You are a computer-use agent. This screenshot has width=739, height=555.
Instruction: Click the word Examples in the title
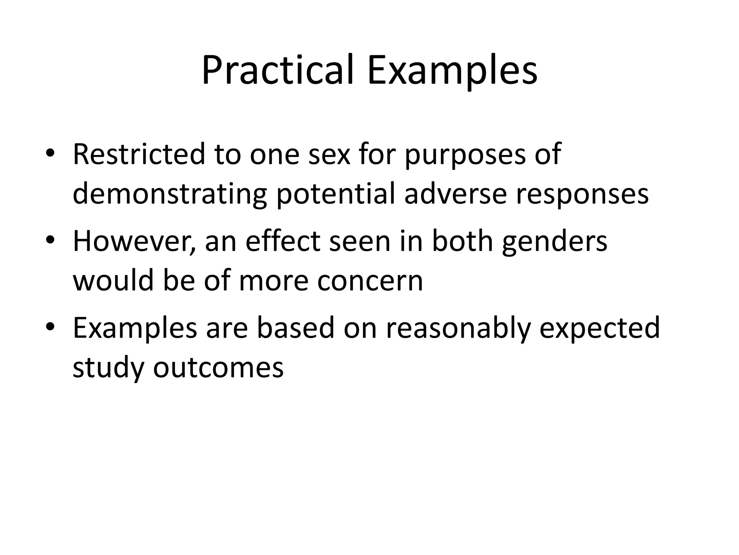point(452,70)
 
